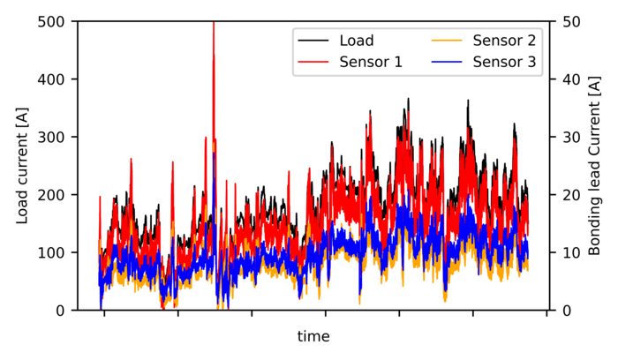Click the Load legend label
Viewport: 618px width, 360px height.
[357, 41]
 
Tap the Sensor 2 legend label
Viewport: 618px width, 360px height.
[504, 41]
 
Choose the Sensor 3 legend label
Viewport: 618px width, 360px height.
[504, 62]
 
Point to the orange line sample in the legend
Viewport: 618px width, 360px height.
[448, 41]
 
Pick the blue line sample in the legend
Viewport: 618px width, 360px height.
[448, 62]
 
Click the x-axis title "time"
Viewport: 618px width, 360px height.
[313, 336]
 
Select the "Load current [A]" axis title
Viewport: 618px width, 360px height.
[22, 166]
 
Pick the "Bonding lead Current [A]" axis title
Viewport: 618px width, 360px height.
[597, 166]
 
